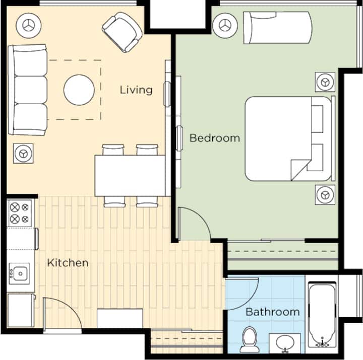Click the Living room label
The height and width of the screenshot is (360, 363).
click(x=136, y=90)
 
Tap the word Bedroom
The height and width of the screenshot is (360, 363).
click(x=215, y=138)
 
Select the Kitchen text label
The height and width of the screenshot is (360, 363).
click(x=68, y=263)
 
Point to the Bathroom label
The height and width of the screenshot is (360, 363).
click(x=272, y=312)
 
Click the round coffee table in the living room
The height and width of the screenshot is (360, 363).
click(x=79, y=90)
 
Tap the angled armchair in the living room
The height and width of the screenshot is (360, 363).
click(x=122, y=32)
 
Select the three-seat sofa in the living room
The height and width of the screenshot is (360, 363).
click(x=28, y=90)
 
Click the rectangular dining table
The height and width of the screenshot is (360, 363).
click(x=130, y=176)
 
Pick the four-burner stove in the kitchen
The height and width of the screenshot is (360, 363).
click(x=20, y=213)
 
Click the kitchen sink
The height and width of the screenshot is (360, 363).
click(x=20, y=273)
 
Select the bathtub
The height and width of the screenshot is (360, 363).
click(x=322, y=315)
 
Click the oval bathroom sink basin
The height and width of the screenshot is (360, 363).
click(x=285, y=342)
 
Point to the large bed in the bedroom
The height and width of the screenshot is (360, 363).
click(x=288, y=139)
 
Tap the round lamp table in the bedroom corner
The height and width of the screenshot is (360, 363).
click(x=225, y=26)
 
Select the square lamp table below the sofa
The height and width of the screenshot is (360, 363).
click(x=23, y=154)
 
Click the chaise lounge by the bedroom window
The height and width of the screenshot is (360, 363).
click(x=278, y=28)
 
